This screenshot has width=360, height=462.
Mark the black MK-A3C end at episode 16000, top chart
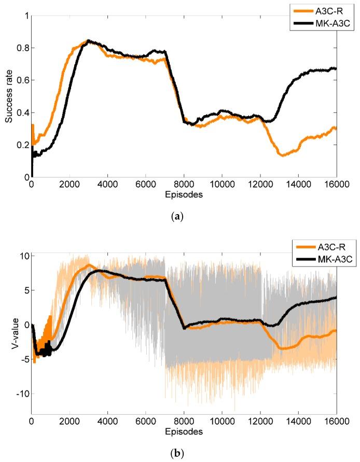(x=336, y=68)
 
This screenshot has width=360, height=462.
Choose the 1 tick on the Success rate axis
(x=26, y=16)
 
